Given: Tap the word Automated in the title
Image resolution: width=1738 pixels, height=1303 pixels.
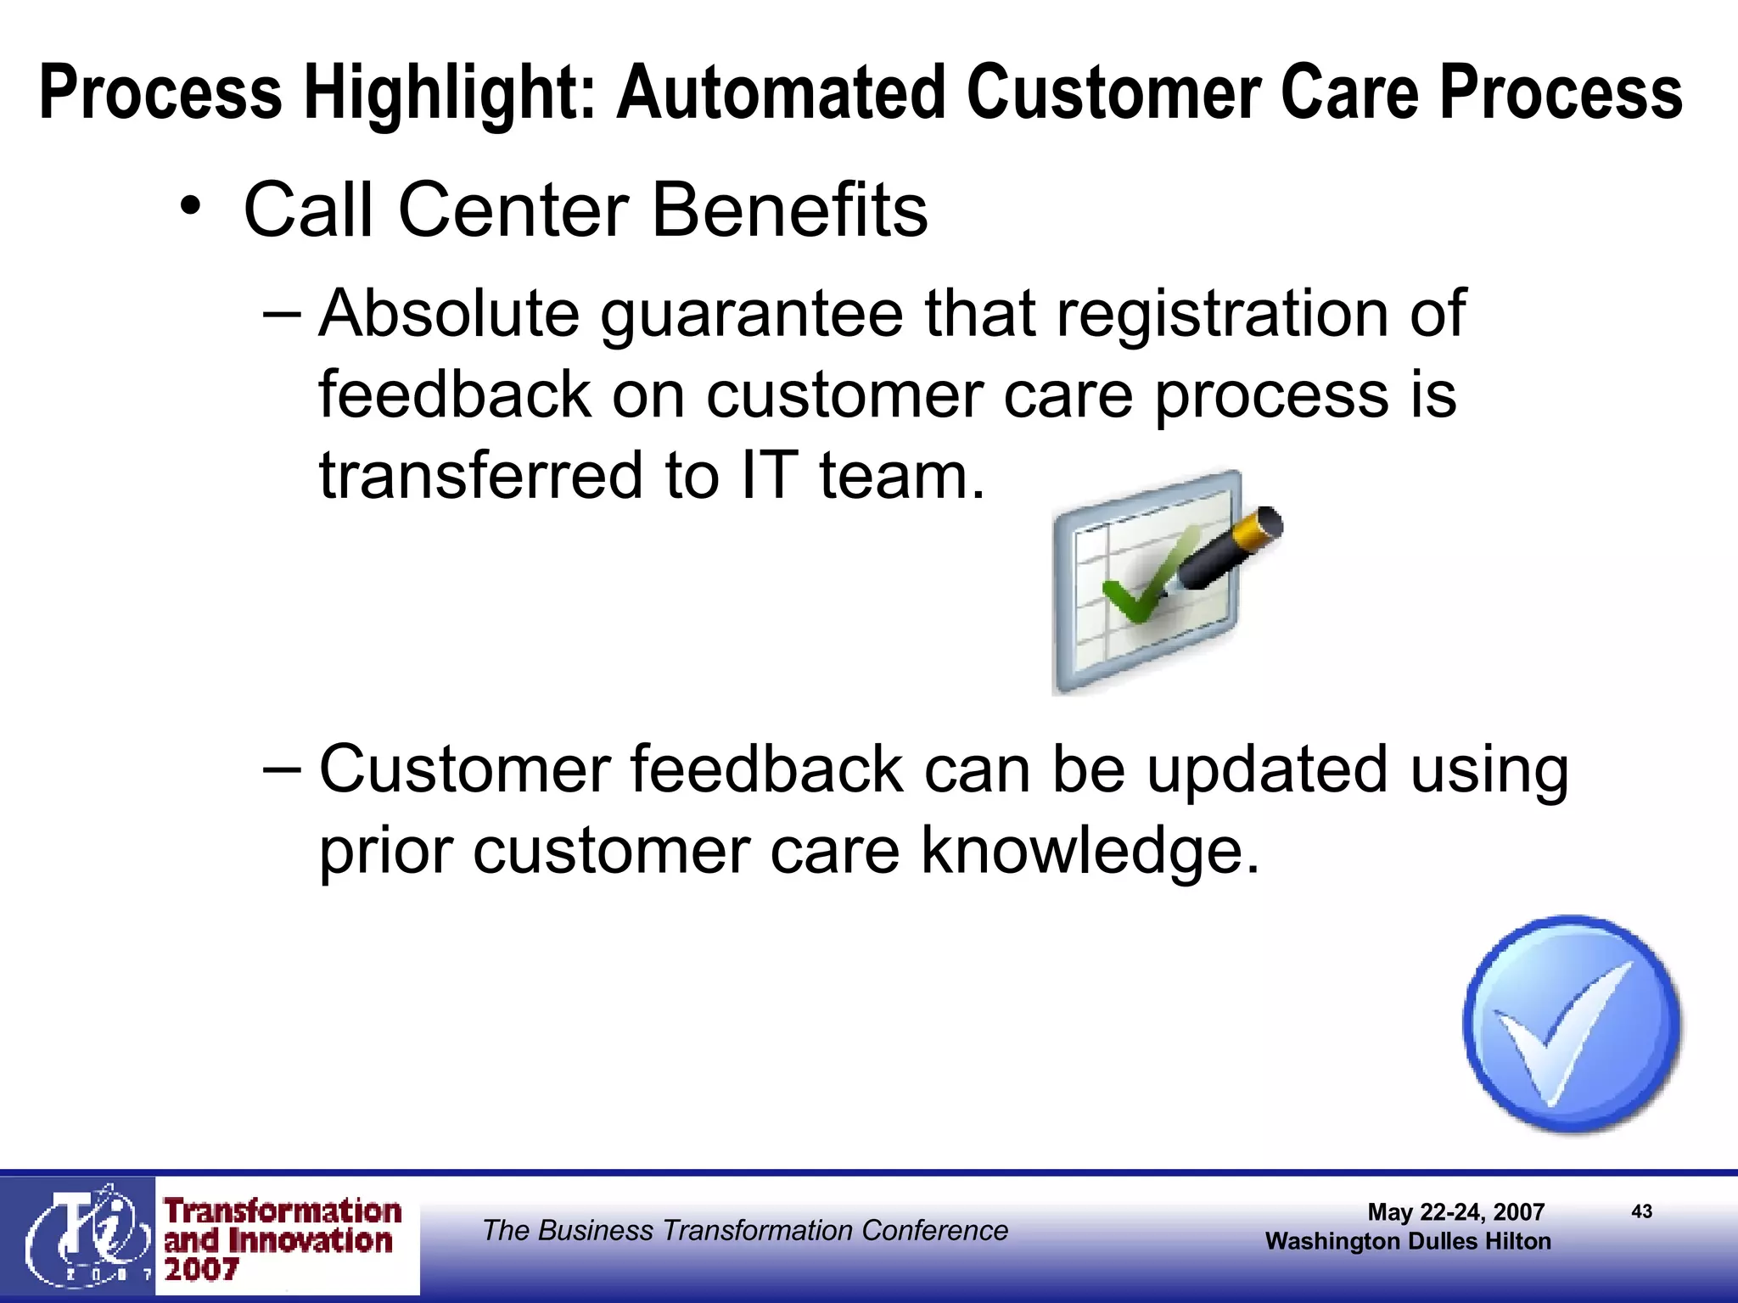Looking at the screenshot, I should tap(781, 93).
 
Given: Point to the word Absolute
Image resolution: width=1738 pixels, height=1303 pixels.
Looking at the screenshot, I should tap(449, 314).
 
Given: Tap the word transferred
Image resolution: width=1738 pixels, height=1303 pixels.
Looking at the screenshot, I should tap(480, 475).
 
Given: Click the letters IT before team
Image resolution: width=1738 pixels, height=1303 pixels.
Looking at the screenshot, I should tap(769, 475).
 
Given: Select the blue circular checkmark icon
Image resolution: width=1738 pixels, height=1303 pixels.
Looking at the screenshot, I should tap(1571, 1024).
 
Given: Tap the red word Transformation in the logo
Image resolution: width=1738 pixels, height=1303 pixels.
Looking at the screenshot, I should tap(283, 1211).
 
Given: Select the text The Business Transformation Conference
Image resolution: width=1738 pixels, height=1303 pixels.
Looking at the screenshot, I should tap(745, 1230).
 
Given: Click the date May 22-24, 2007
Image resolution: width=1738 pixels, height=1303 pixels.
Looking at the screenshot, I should tap(1455, 1211).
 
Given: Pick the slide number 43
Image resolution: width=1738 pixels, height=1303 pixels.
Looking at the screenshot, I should tap(1641, 1211).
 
